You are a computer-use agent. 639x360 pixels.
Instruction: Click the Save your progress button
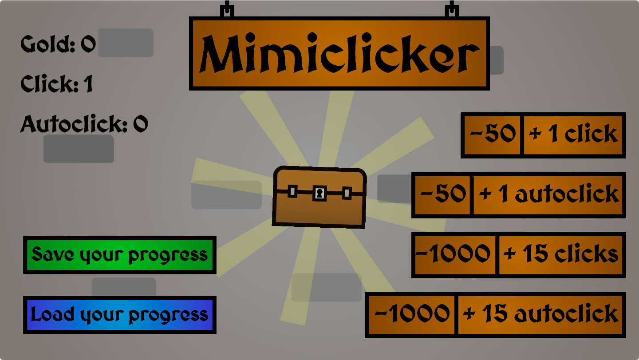click(x=119, y=255)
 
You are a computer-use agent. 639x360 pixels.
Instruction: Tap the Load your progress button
click(x=119, y=315)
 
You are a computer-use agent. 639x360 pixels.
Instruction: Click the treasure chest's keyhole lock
click(x=319, y=194)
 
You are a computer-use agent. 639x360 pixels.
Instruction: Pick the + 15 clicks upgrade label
click(x=561, y=255)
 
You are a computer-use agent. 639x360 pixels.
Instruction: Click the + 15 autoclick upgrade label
click(x=540, y=315)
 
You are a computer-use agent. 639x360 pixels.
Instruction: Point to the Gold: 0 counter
click(x=58, y=44)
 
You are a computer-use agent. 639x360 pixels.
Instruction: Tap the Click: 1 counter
click(x=57, y=83)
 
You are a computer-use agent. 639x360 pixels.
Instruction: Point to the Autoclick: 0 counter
click(x=84, y=124)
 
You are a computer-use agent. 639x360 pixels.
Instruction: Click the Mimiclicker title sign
click(x=339, y=54)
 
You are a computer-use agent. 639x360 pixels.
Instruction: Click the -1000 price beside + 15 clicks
click(x=454, y=255)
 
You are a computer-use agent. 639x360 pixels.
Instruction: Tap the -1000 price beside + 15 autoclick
click(x=411, y=315)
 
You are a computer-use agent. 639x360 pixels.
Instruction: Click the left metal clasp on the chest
click(x=292, y=192)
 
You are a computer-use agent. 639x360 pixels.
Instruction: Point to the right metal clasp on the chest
click(x=347, y=193)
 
